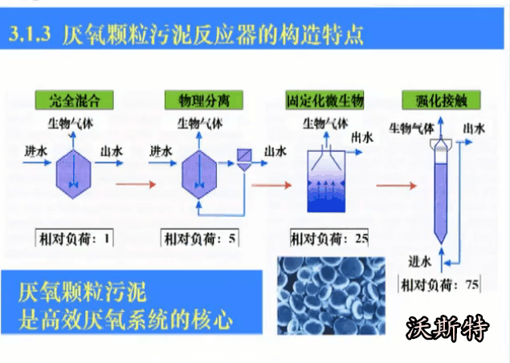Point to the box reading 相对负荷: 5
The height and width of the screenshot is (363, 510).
coord(197,238)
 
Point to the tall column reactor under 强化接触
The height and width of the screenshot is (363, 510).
coord(439,190)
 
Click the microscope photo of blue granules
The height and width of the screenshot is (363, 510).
coord(324,293)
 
